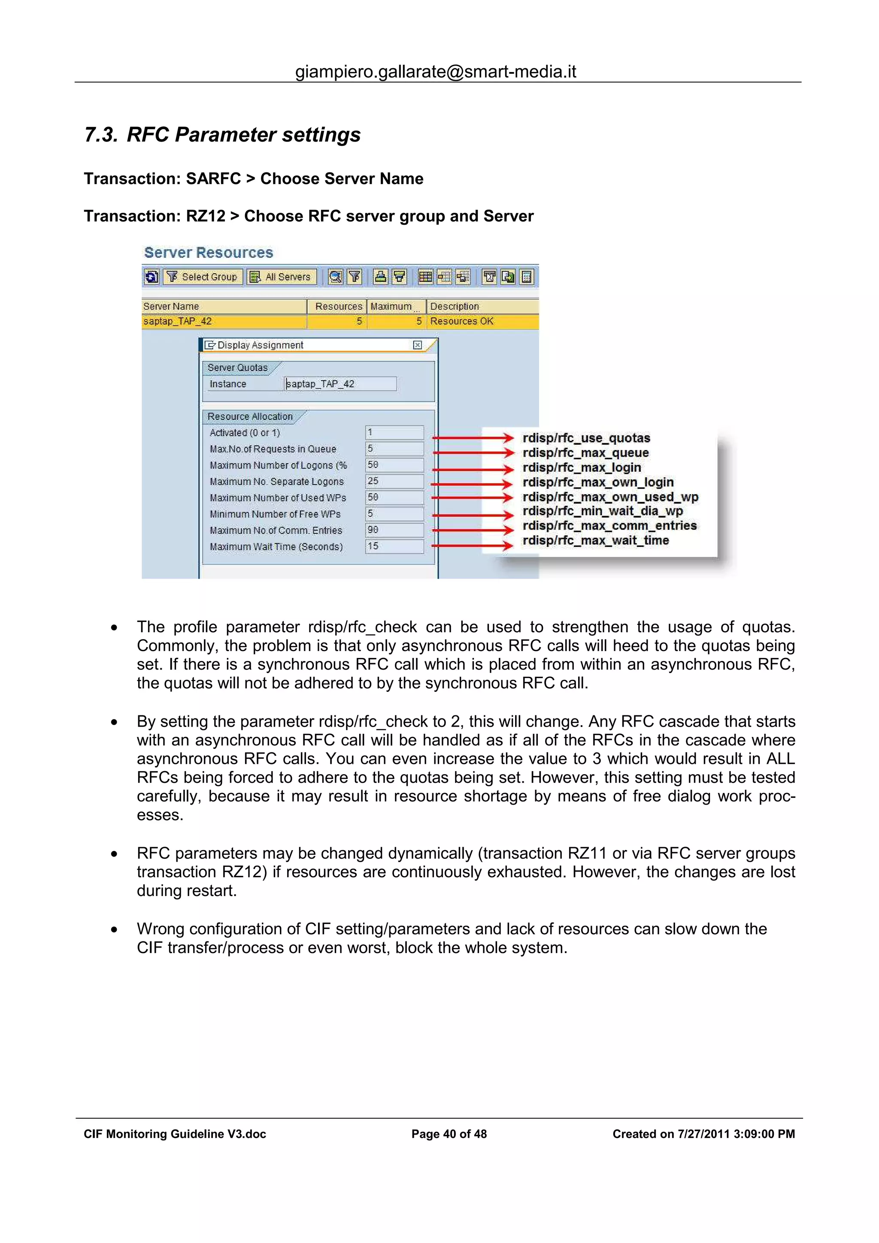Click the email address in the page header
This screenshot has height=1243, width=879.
436,72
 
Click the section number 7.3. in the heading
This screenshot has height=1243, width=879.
101,135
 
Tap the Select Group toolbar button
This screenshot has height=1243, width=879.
203,277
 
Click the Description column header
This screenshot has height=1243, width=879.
455,306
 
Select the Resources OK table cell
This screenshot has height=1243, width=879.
461,321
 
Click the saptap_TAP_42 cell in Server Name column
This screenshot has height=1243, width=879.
178,321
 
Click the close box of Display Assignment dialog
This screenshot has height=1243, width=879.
417,345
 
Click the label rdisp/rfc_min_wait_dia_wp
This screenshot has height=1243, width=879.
602,511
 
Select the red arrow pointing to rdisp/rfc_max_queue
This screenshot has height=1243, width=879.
472,453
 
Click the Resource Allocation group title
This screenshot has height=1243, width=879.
250,416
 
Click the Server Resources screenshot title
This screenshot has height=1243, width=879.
209,253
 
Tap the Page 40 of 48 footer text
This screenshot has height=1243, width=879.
449,1134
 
